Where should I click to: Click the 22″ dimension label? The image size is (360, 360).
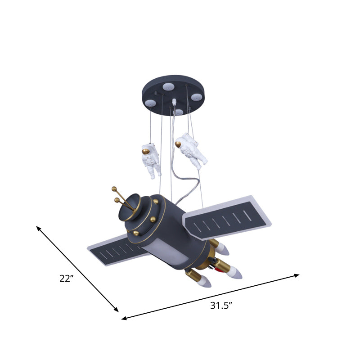coord(66,278)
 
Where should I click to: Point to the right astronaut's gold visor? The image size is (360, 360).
coord(179,144)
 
